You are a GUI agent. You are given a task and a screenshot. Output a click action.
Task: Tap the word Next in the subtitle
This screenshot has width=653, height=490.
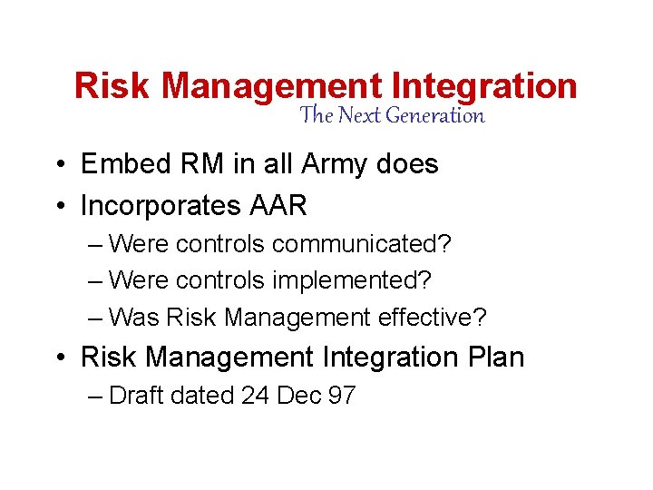tap(359, 116)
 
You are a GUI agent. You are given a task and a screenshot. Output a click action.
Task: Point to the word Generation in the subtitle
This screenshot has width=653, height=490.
tap(435, 116)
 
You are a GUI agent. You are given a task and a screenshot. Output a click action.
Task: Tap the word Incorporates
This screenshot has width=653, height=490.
tap(162, 206)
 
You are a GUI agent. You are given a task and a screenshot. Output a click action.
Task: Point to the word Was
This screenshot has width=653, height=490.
tap(134, 318)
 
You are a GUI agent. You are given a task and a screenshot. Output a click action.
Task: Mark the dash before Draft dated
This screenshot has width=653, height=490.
tap(95, 397)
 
